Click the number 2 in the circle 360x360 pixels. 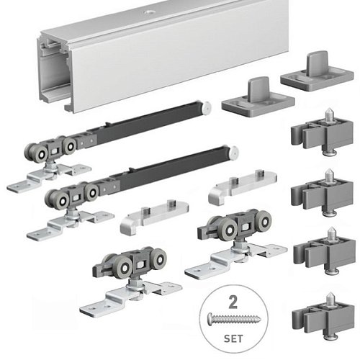(233, 302)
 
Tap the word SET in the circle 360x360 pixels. (233, 338)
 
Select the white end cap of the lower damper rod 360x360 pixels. (233, 152)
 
